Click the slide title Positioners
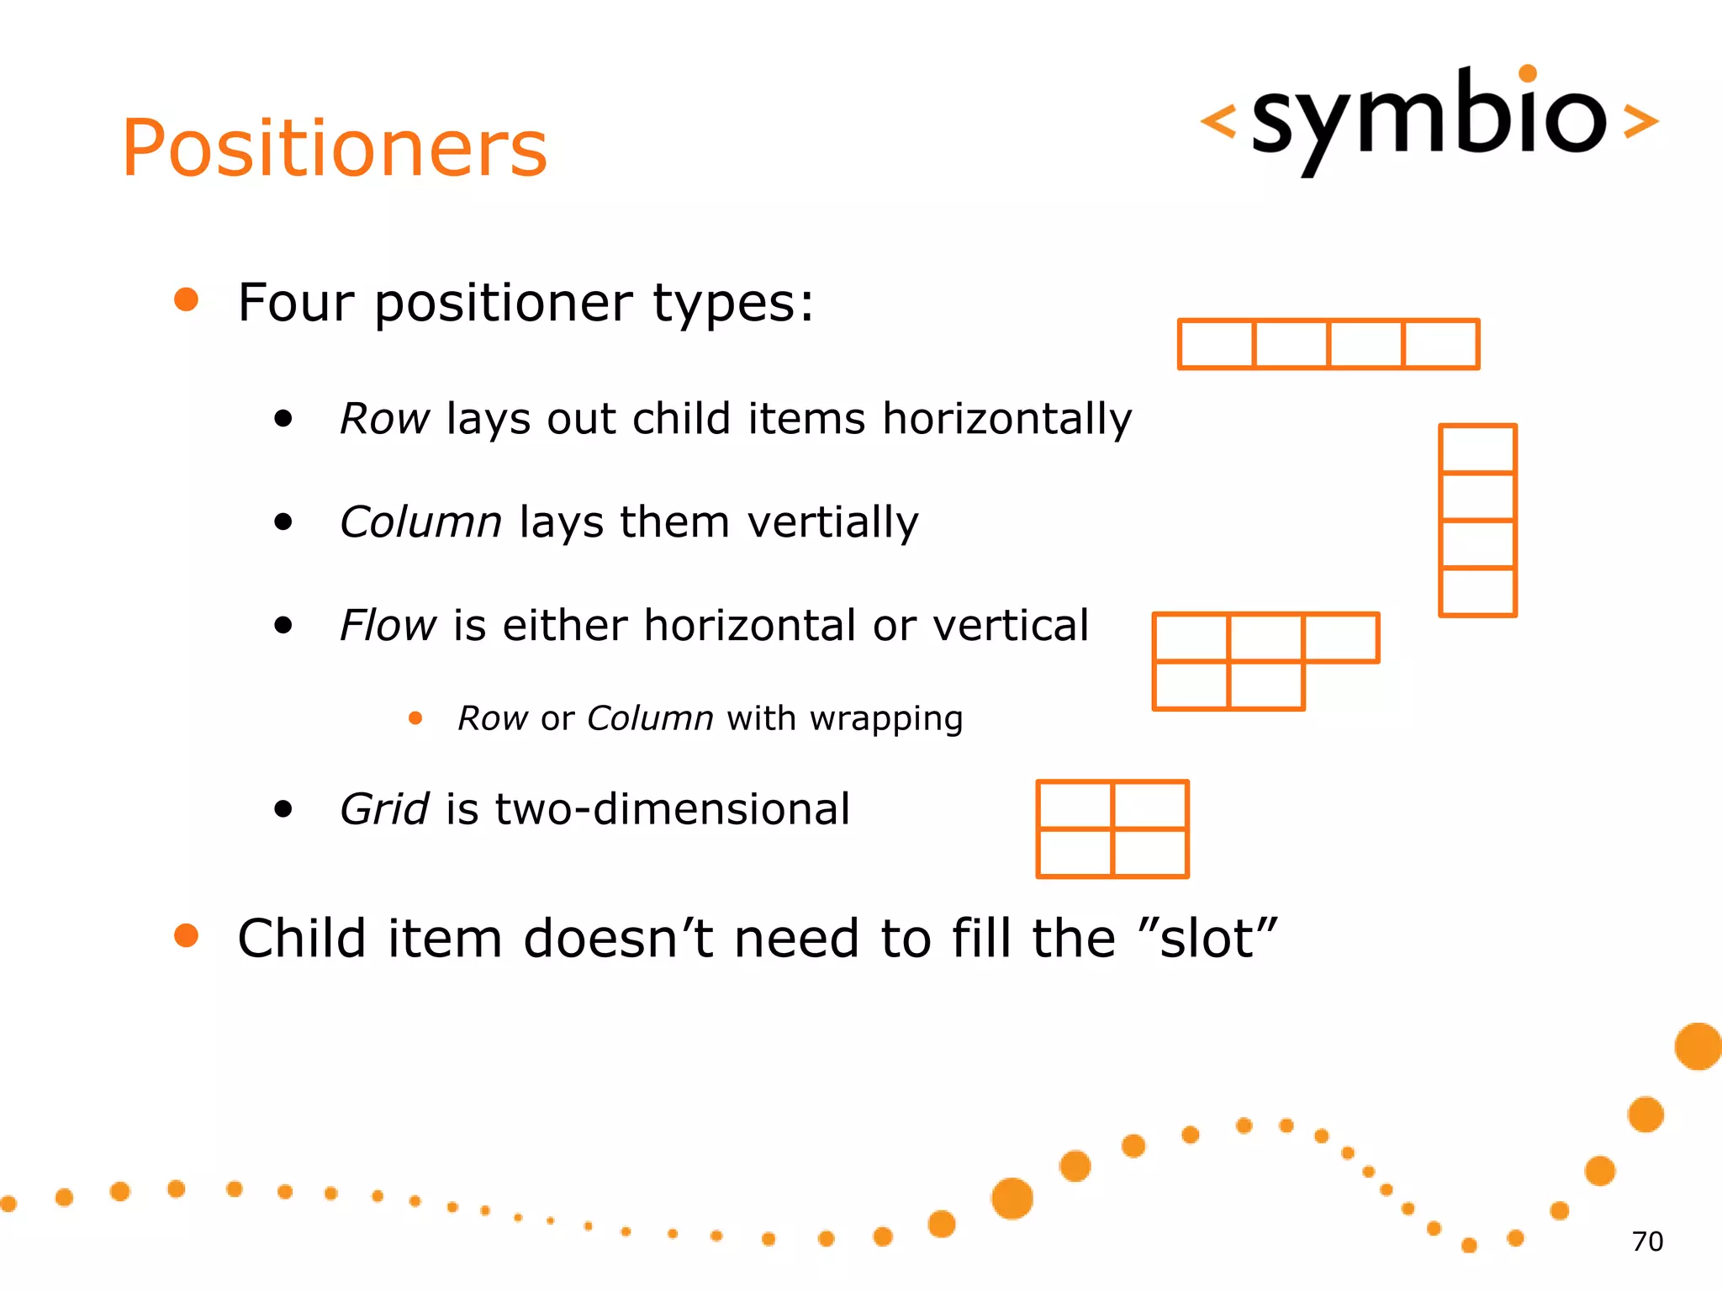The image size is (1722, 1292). coord(335,149)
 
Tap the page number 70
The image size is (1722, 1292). coord(1646,1242)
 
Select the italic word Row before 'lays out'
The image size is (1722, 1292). coord(384,419)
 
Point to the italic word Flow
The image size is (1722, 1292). coord(388,626)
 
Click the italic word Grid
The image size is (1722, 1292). coord(384,809)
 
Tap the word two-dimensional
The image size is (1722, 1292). coord(672,809)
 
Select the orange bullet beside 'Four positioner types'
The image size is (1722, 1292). coord(186,299)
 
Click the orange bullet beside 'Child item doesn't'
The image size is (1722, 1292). coord(186,935)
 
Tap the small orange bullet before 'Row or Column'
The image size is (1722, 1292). coord(415,717)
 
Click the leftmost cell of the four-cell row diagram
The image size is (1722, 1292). coord(1217,344)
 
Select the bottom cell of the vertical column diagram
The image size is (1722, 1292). coord(1477,592)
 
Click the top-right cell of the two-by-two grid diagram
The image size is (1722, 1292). coord(1149,805)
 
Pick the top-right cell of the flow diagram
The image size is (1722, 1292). coord(1341,638)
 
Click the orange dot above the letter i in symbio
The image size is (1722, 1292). coord(1528,73)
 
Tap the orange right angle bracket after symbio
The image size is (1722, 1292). coord(1640,121)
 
